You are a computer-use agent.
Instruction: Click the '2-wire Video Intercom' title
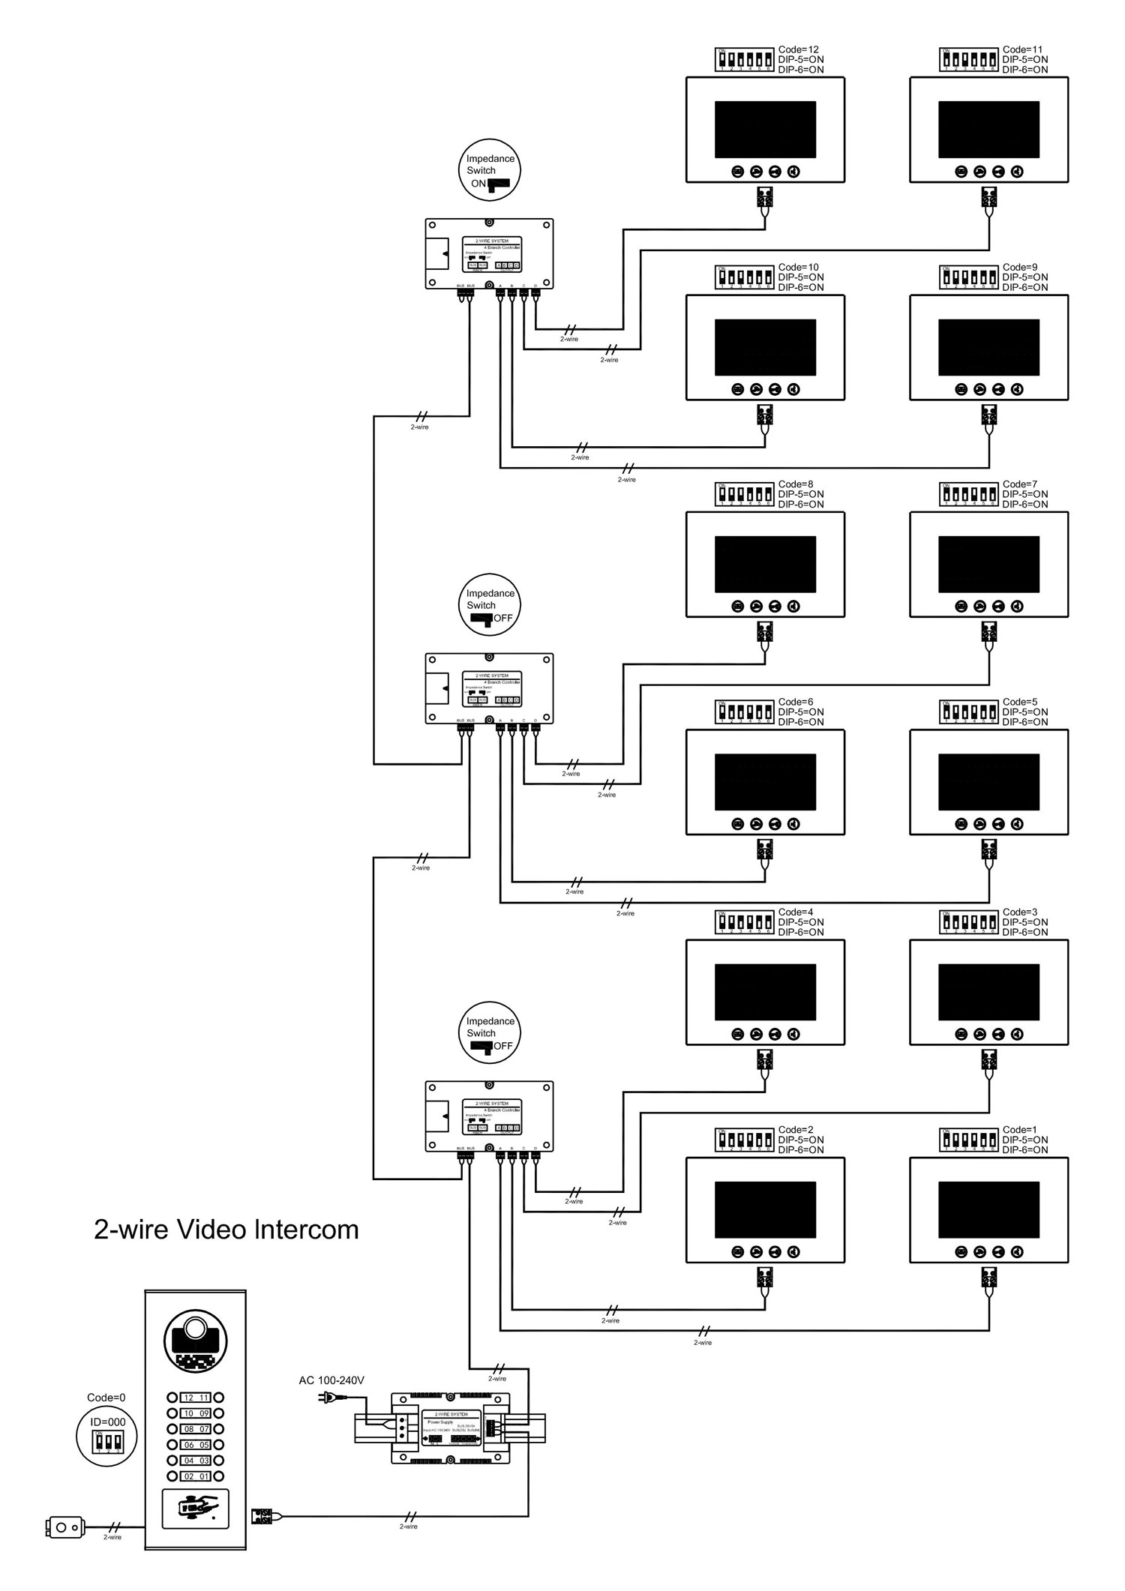[x=226, y=1230]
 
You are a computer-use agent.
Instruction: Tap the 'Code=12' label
[x=799, y=50]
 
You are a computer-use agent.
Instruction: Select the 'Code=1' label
[x=1020, y=1130]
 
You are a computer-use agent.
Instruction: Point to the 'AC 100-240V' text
[x=331, y=1380]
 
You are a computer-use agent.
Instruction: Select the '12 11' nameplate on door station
[x=195, y=1398]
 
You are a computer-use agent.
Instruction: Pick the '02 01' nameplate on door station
[x=195, y=1476]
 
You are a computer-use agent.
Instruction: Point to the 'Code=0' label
[x=106, y=1398]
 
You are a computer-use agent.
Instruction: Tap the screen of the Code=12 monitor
[x=765, y=129]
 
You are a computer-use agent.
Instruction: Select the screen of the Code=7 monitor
[x=988, y=564]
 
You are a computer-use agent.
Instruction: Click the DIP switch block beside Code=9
[x=970, y=277]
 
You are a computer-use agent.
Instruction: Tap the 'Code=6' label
[x=796, y=703]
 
